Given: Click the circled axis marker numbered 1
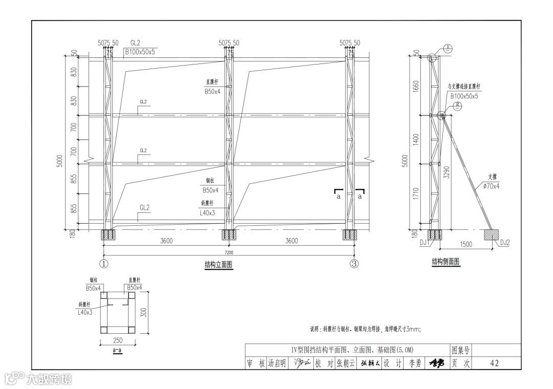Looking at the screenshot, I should [104, 264].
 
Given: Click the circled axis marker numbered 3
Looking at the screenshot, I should [354, 264].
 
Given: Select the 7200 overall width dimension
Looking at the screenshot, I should [229, 253].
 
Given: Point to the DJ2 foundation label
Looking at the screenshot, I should [504, 243].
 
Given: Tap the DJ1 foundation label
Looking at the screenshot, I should [424, 243].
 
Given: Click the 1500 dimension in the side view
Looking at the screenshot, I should [465, 244].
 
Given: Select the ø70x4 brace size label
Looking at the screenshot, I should [491, 186].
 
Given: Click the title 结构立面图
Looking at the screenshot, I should [219, 265].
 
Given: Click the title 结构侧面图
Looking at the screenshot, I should [445, 262].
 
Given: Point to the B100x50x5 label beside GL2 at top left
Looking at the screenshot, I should [140, 52].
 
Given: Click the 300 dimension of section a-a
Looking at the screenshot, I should [144, 312].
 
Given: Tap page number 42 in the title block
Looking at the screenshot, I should [494, 363].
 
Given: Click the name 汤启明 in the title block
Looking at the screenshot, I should [277, 363].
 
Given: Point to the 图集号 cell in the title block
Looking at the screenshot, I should [460, 350].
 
